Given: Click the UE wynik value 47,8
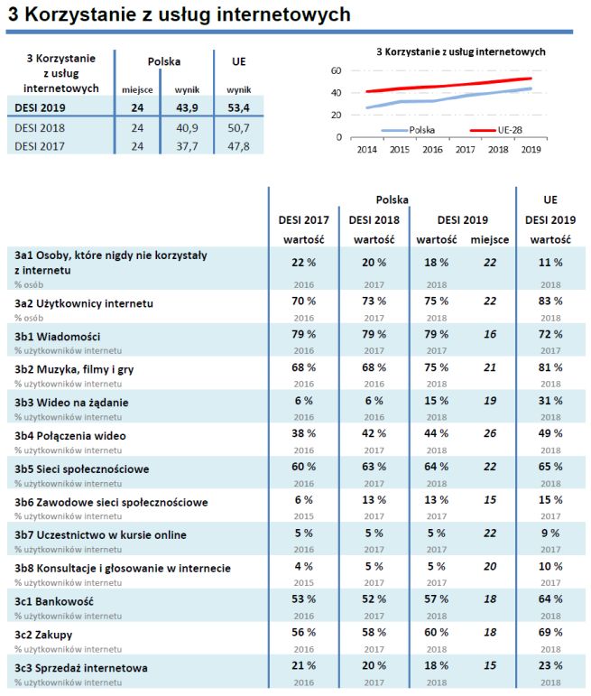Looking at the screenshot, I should tap(238, 144).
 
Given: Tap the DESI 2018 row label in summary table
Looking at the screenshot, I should tap(40, 127).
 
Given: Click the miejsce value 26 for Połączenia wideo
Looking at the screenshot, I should tap(490, 435).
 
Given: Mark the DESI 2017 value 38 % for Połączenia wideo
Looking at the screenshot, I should tap(303, 435).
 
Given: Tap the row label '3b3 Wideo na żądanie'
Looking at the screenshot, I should tap(71, 402).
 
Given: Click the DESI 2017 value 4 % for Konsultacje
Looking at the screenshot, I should tap(303, 567).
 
